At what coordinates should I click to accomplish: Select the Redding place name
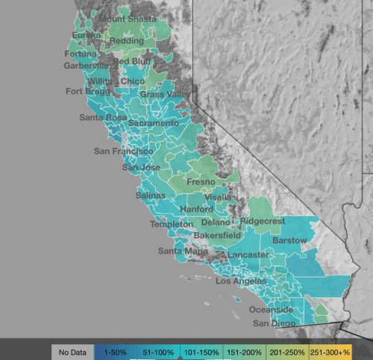click(x=127, y=40)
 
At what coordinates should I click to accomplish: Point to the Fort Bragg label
click(x=87, y=92)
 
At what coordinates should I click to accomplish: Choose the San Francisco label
click(x=123, y=151)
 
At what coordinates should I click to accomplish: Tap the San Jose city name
click(x=141, y=167)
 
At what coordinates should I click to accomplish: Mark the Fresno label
click(x=201, y=182)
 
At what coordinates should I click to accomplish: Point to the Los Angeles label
click(x=241, y=282)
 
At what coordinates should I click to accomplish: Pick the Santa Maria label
click(x=183, y=251)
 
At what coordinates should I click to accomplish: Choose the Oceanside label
click(x=271, y=309)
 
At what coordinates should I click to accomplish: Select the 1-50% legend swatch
click(x=116, y=350)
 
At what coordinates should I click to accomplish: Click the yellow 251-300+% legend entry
click(x=348, y=350)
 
